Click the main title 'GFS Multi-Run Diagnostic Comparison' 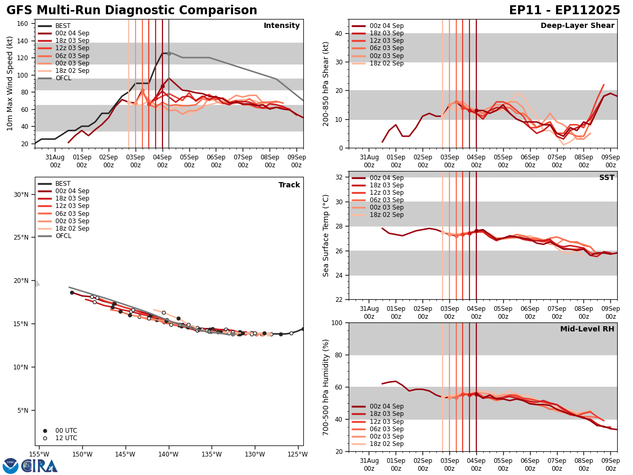(x=132, y=11)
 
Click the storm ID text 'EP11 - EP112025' (x=564, y=11)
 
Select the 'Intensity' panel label (x=282, y=26)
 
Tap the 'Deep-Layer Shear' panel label (x=577, y=26)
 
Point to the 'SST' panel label (x=607, y=178)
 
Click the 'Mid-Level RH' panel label (x=587, y=329)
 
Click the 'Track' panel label (x=289, y=185)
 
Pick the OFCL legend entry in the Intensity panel (x=63, y=78)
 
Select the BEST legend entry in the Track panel (x=63, y=184)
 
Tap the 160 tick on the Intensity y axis (x=23, y=23)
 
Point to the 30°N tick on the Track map (x=22, y=194)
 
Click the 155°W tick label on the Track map (x=39, y=454)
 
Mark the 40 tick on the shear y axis (x=338, y=33)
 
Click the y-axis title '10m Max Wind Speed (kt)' (x=10, y=83)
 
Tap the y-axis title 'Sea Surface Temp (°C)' (x=326, y=235)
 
